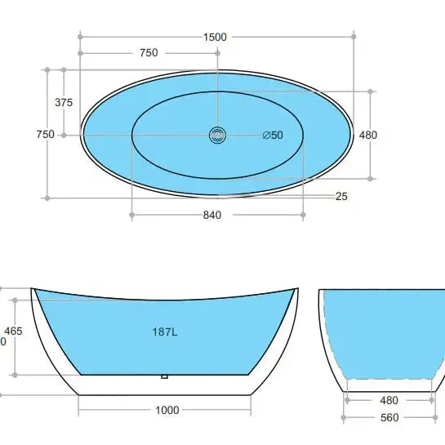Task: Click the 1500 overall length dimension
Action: (x=216, y=37)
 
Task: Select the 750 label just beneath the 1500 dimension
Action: (x=149, y=53)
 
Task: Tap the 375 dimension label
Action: (x=64, y=102)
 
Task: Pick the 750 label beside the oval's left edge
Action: (x=45, y=135)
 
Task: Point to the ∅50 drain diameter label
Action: (x=273, y=136)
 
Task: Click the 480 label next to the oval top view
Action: (x=368, y=135)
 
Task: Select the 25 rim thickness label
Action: (x=341, y=196)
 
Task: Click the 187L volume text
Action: (x=163, y=332)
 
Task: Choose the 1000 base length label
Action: (x=166, y=411)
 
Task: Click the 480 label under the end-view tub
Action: (x=389, y=401)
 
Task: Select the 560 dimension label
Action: (x=389, y=417)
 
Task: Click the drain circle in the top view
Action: (x=217, y=135)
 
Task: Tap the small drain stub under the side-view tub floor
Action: (x=165, y=376)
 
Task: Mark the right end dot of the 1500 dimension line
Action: (x=354, y=36)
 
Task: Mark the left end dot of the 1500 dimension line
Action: (x=80, y=36)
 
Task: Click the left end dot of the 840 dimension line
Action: (x=131, y=215)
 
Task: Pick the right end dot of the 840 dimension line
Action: (x=304, y=215)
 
